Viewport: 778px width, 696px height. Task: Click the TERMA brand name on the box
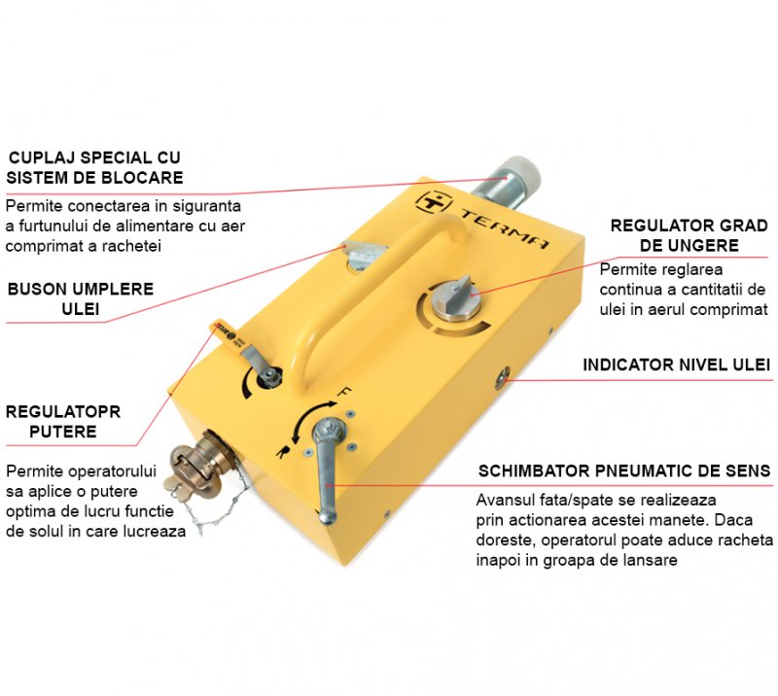click(x=505, y=229)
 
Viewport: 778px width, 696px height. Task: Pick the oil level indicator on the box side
click(x=502, y=376)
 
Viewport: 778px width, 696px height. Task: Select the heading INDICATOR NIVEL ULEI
click(x=676, y=365)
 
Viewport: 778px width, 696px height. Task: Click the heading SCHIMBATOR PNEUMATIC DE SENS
click(x=624, y=470)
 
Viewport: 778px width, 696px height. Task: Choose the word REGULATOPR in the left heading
click(x=63, y=411)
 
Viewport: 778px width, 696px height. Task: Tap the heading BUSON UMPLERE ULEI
click(x=81, y=298)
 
